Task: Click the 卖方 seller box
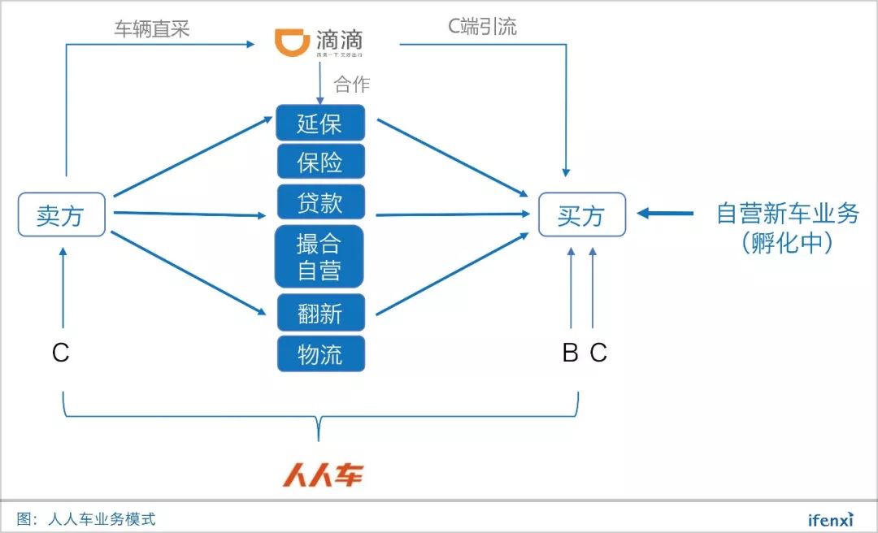[61, 214]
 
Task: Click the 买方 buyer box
[581, 214]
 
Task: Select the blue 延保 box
[320, 123]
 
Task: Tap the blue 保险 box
[320, 162]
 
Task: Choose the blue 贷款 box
[320, 201]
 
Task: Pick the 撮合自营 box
[320, 256]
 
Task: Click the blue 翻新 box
[320, 313]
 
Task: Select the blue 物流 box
[320, 353]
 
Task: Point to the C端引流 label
[482, 26]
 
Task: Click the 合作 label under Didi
[351, 84]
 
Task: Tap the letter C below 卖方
[61, 353]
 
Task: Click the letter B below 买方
[571, 353]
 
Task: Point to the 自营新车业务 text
[787, 214]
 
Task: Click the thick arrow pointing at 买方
[665, 214]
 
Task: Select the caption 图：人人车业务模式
[85, 518]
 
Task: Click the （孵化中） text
[787, 243]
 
